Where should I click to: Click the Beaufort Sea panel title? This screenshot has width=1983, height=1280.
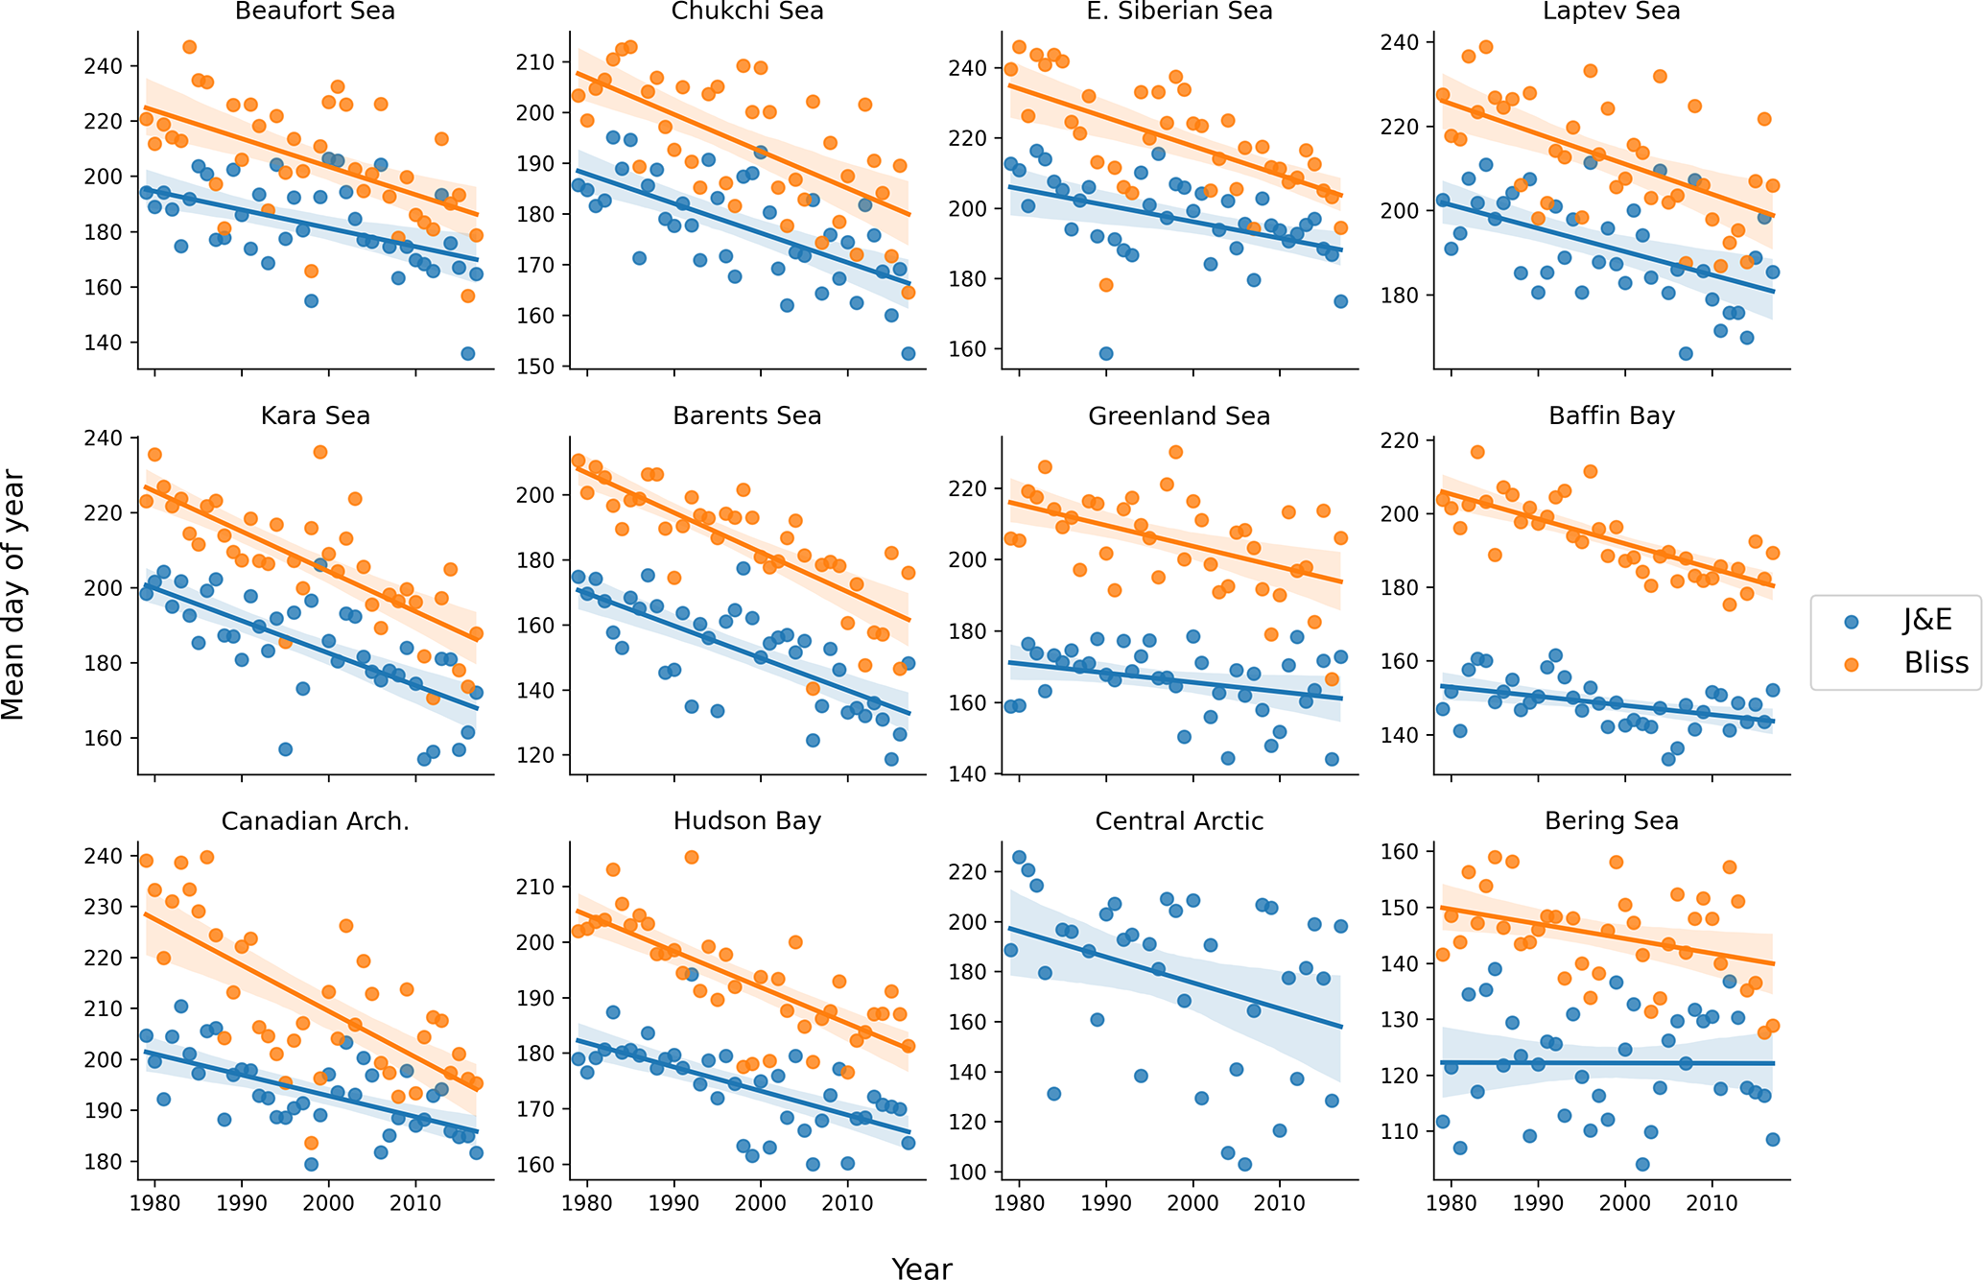(315, 12)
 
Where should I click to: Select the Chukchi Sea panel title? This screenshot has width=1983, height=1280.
(746, 12)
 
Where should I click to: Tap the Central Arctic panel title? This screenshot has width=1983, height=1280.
(1179, 821)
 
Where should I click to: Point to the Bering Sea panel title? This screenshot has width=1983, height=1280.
(1611, 821)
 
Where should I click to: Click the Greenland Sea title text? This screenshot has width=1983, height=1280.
(1179, 416)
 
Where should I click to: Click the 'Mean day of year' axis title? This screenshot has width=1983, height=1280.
(13, 594)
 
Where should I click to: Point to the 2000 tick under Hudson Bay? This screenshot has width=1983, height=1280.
(761, 1202)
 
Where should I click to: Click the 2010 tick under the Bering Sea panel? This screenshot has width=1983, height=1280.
(1712, 1202)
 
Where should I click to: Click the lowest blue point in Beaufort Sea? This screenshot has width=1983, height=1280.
(467, 353)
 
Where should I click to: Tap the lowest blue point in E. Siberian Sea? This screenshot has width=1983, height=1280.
(1106, 353)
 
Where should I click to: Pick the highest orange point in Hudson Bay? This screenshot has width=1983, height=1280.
(692, 857)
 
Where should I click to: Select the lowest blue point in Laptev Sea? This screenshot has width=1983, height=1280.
(1686, 353)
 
